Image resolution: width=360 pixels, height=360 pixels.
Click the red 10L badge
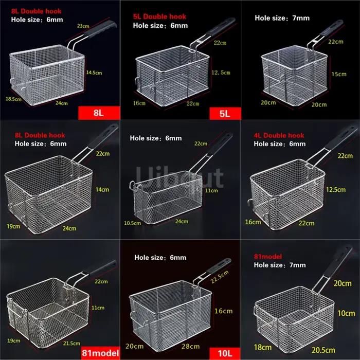pyautogui.click(x=225, y=353)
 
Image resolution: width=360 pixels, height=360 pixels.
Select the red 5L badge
pyautogui.click(x=225, y=114)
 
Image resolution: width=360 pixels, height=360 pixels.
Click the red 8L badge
pyautogui.click(x=99, y=113)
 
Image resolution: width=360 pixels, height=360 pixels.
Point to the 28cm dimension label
pyautogui.click(x=190, y=346)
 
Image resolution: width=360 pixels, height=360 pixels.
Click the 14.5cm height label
pyautogui.click(x=94, y=73)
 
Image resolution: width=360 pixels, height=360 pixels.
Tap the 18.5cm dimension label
pyautogui.click(x=13, y=99)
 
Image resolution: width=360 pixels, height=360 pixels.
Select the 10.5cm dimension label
pyautogui.click(x=133, y=223)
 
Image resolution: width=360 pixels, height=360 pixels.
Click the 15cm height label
pyautogui.click(x=339, y=74)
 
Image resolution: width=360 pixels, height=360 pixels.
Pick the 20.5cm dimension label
pyautogui.click(x=323, y=350)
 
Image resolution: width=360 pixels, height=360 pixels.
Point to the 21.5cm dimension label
pyautogui.click(x=71, y=344)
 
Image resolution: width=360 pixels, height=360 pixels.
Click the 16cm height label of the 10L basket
pyautogui.click(x=223, y=311)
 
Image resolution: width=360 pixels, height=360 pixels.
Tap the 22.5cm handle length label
pyautogui.click(x=220, y=277)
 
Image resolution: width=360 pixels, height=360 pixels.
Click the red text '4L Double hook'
pyautogui.click(x=279, y=135)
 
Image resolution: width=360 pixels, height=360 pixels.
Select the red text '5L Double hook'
pyautogui.click(x=159, y=16)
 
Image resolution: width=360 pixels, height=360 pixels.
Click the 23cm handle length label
pyautogui.click(x=83, y=26)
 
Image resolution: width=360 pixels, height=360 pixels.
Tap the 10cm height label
pyautogui.click(x=346, y=313)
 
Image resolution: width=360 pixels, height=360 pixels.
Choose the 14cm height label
pyautogui.click(x=102, y=190)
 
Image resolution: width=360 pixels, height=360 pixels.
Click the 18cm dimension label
pyautogui.click(x=263, y=347)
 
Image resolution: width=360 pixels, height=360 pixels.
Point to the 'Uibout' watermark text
pyautogui.click(x=180, y=177)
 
